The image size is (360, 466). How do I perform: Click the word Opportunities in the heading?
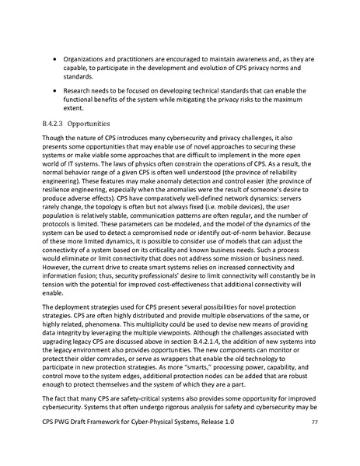click(93, 123)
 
